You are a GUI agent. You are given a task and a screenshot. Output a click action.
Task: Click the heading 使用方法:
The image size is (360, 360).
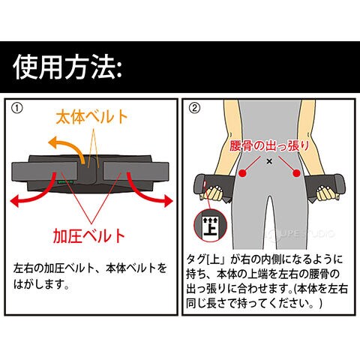67,67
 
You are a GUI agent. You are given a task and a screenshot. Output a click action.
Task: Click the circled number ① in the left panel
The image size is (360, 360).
17,108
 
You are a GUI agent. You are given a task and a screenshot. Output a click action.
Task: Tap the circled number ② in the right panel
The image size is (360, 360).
195,108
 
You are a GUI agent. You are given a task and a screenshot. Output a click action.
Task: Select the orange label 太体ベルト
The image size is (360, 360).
91,117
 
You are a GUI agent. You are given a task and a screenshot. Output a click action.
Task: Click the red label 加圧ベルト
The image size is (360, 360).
89,235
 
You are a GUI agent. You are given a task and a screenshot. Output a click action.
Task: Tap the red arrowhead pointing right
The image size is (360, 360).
167,200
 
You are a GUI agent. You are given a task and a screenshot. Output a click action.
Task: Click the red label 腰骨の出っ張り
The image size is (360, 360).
269,145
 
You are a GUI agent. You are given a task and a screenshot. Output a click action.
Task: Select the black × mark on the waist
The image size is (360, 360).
269,161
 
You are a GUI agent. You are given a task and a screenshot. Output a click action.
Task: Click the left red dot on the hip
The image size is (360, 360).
242,173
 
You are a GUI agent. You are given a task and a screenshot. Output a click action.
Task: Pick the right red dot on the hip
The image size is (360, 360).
297,172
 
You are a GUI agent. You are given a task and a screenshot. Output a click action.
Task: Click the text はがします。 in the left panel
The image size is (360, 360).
41,284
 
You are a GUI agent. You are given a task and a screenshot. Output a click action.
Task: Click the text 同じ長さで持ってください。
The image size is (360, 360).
253,304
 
